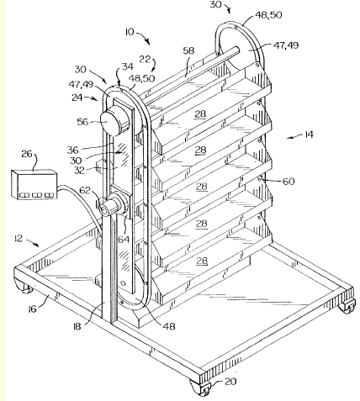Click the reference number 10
[130, 32]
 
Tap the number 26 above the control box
[27, 154]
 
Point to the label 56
[82, 122]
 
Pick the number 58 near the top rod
[188, 50]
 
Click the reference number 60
[289, 182]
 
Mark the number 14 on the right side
[309, 135]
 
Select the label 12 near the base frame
[18, 239]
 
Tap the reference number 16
[33, 309]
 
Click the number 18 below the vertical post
[77, 326]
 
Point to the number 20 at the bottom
[230, 382]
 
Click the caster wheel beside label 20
[202, 388]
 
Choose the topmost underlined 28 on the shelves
[200, 113]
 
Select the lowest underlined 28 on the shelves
[202, 261]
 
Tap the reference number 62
[85, 191]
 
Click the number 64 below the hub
[124, 240]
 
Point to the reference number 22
[145, 60]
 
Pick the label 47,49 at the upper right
[286, 45]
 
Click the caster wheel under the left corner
[24, 287]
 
